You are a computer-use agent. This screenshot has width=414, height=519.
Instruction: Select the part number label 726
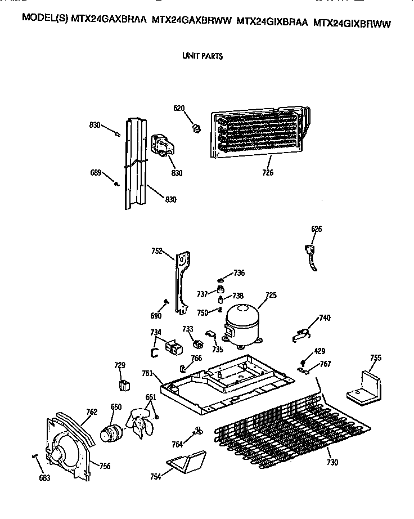pos(267,173)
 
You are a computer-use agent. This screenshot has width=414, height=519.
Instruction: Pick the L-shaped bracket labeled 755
pos(364,387)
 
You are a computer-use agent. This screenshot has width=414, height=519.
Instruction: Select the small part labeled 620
pos(196,129)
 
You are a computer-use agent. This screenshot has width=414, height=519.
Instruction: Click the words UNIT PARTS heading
pos(202,56)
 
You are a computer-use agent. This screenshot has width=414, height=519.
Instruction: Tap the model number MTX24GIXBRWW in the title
pos(352,24)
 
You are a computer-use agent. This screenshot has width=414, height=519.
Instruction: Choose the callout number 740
pos(324,318)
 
